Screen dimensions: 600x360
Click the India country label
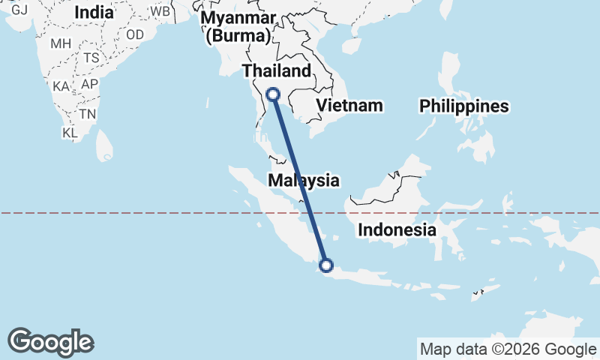94,13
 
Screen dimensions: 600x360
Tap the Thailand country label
276,71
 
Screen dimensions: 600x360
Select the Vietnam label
349,106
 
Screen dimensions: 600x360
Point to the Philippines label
464,106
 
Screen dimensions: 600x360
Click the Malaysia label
304,180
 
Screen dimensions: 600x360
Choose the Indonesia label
397,229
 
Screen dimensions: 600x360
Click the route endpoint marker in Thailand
273,94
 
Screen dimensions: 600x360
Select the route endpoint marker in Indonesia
326,264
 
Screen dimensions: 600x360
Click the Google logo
50,342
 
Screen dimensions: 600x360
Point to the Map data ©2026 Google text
507,349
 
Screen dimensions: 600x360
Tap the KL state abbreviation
70,133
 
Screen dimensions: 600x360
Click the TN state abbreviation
88,115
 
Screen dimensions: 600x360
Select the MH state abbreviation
61,43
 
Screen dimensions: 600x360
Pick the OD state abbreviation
135,34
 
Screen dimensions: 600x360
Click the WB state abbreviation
160,12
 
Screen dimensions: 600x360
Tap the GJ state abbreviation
19,10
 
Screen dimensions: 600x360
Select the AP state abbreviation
90,84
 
